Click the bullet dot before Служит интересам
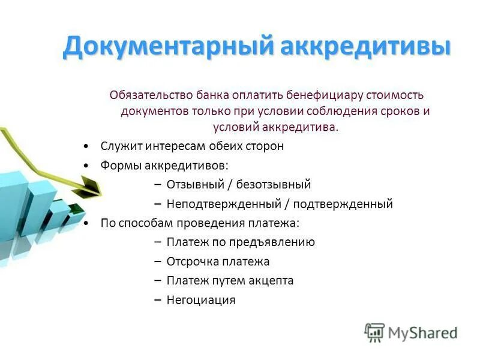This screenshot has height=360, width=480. (x=87, y=146)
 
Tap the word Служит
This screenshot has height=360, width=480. (x=119, y=146)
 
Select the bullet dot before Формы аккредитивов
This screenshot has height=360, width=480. (x=87, y=166)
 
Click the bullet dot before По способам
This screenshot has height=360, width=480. (x=87, y=223)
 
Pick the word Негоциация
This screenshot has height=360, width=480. (x=201, y=300)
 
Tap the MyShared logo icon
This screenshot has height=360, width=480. (x=374, y=332)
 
